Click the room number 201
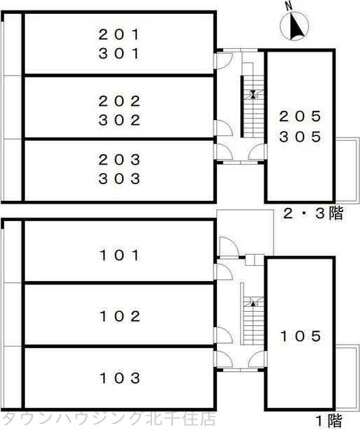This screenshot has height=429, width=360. pyautogui.click(x=119, y=33)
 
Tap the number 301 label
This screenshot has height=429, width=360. pyautogui.click(x=119, y=53)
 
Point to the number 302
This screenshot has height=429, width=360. pyautogui.click(x=119, y=120)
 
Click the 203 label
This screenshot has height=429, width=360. pyautogui.click(x=119, y=158)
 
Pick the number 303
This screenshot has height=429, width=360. pyautogui.click(x=119, y=179)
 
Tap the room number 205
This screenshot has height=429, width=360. pyautogui.click(x=300, y=116)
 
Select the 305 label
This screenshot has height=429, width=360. pyautogui.click(x=300, y=137)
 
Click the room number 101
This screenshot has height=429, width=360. pyautogui.click(x=119, y=255)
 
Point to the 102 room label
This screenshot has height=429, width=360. pyautogui.click(x=119, y=317)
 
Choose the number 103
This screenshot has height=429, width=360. pyautogui.click(x=119, y=379)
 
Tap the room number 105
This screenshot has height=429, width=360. pyautogui.click(x=300, y=336)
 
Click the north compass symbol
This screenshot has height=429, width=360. pyautogui.click(x=294, y=27)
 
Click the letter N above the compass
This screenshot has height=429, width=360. pyautogui.click(x=289, y=6)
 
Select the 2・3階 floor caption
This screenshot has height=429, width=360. pyautogui.click(x=313, y=214)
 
